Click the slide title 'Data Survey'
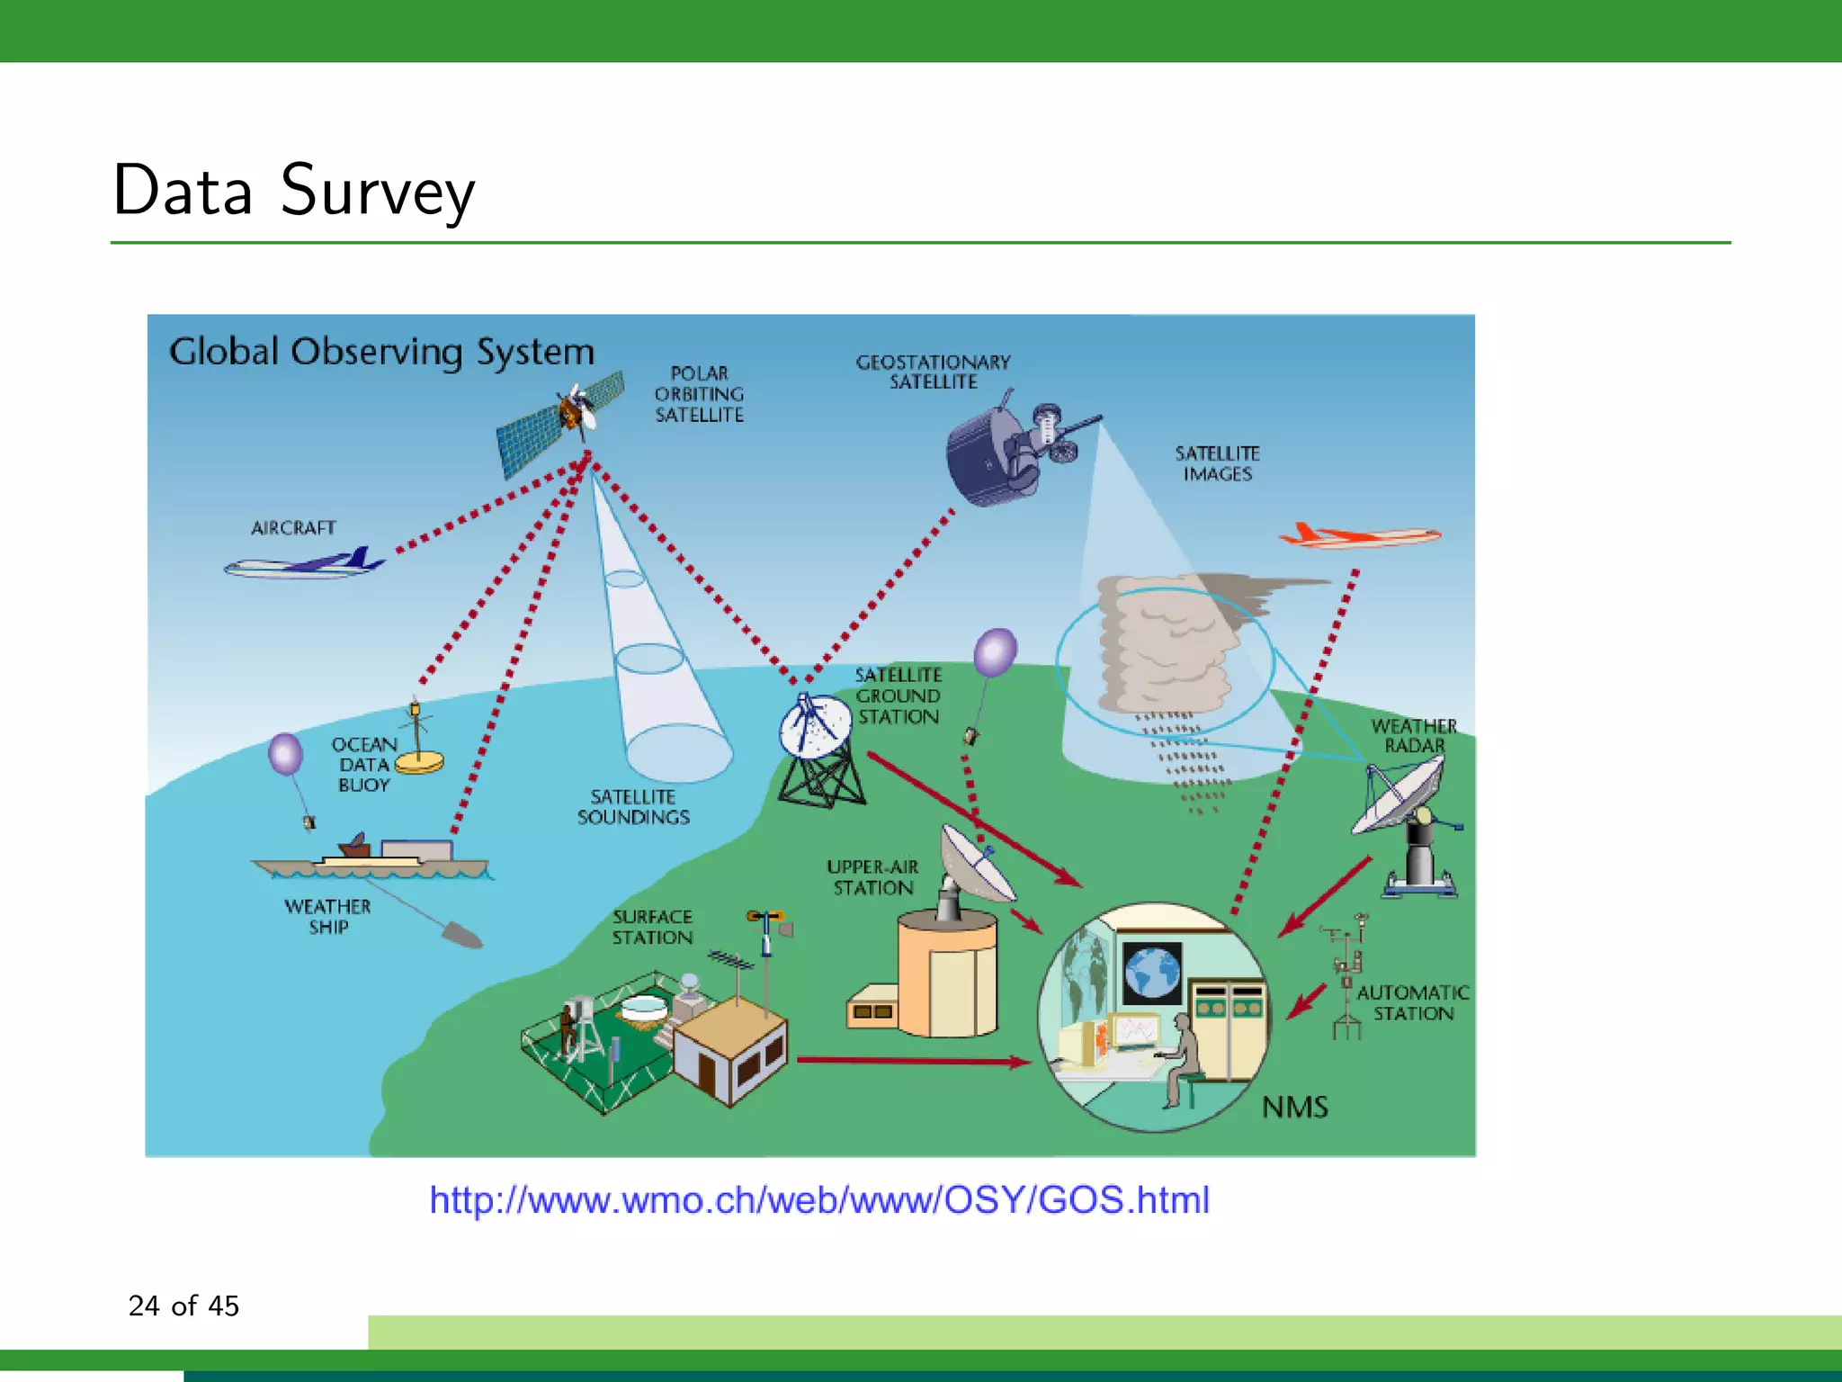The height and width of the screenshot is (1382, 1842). coord(293,191)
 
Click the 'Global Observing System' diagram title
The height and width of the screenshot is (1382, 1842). coord(381,352)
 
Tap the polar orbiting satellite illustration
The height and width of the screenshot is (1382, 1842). coord(561,424)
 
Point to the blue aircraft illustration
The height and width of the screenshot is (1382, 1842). coord(306,564)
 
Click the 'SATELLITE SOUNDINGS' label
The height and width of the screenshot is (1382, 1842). coord(633,807)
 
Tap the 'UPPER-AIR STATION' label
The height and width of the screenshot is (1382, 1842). coord(872,877)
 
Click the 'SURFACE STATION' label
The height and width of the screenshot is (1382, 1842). coord(652,927)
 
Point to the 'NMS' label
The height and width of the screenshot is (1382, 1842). coord(1294,1107)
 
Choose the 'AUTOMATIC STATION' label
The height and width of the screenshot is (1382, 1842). coord(1412,1002)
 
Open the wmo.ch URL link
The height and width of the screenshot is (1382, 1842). coord(818,1200)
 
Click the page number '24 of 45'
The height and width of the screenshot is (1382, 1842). coord(183,1306)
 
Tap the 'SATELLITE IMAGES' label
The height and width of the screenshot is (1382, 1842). coord(1217,463)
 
